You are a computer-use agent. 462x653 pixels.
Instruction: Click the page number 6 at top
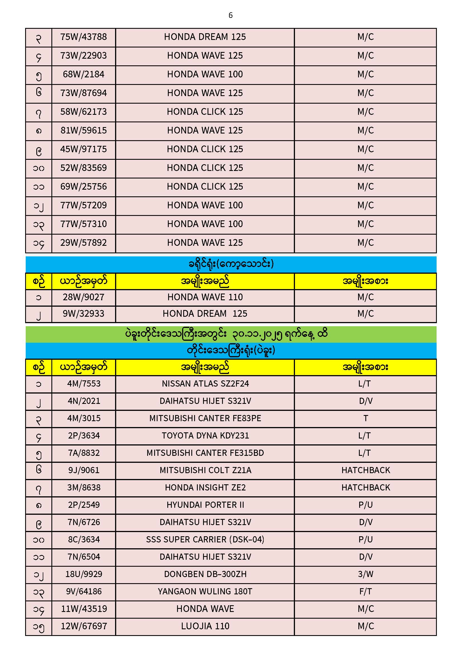coord(230,15)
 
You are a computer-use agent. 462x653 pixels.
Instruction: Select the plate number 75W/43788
coord(83,37)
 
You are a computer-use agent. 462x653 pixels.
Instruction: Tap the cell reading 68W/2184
coord(83,75)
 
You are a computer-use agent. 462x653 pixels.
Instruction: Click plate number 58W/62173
coord(83,112)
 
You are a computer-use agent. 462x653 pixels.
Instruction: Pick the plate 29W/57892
coord(83,243)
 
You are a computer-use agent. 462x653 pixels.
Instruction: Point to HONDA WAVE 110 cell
coord(205,297)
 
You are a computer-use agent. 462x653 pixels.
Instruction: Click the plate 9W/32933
coord(83,314)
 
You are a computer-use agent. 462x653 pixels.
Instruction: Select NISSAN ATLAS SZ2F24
coord(205,384)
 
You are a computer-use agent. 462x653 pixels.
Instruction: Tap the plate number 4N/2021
coord(84,401)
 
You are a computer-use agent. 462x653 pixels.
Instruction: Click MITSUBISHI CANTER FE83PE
coord(205,418)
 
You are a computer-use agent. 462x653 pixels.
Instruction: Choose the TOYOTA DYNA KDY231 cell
coord(205,436)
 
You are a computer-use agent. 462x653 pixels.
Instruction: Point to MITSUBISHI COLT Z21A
coord(205,470)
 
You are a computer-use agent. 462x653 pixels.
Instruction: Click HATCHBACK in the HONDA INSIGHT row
coord(366,488)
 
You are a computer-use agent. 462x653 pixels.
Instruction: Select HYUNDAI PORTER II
coord(205,505)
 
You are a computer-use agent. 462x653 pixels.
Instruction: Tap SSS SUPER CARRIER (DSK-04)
coord(205,540)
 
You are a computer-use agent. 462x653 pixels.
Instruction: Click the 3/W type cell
coord(366,574)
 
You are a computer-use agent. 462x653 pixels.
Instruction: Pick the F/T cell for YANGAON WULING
coord(366,592)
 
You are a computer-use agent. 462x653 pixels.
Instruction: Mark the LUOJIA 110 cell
coord(205,626)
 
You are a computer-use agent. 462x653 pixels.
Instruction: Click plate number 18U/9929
coord(84,574)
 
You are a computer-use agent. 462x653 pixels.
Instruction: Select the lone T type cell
coord(366,418)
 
